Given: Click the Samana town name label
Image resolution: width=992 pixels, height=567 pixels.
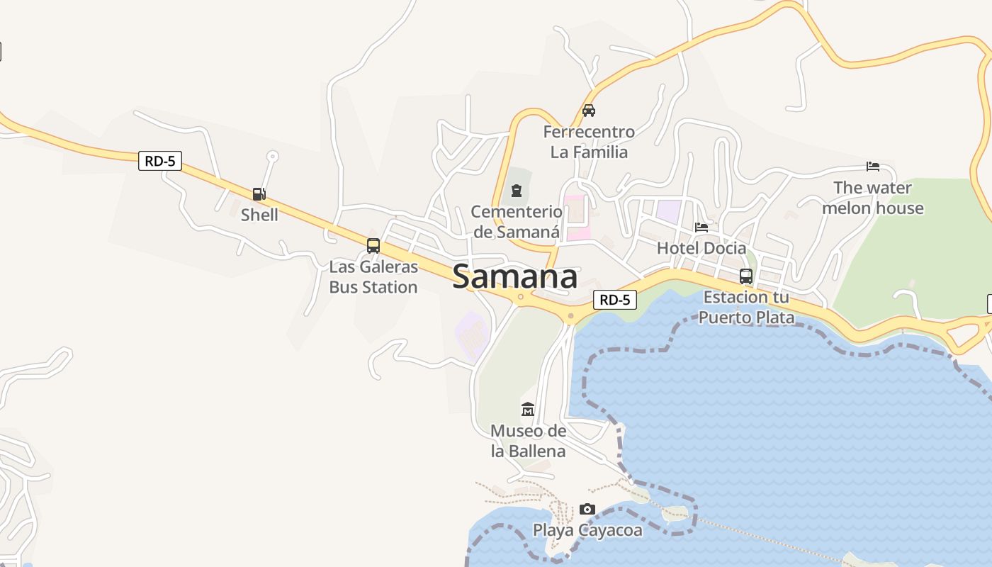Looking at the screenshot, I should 514,276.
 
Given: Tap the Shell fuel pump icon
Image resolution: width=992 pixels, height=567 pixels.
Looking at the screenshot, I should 259,193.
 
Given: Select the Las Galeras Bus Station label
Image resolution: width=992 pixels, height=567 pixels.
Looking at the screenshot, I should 373,277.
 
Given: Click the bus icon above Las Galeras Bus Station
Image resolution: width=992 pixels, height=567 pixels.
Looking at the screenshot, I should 373,246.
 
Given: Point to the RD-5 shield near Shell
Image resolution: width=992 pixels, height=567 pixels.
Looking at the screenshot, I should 160,161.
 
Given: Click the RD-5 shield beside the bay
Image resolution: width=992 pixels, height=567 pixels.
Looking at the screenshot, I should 614,300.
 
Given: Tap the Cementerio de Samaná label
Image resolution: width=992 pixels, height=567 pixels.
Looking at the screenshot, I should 517,222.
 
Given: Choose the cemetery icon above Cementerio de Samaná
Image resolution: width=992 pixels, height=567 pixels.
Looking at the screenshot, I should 517,190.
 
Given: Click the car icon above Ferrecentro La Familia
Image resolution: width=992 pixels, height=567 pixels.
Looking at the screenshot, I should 589,111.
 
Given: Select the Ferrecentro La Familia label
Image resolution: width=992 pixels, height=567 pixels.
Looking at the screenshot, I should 589,142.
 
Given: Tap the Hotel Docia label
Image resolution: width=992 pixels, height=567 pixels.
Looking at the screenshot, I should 701,248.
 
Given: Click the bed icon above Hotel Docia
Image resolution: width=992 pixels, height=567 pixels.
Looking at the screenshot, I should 701,227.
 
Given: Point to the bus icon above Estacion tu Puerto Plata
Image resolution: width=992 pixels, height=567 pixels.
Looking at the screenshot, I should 746,276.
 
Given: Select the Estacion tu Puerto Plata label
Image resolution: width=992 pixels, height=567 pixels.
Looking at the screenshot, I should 746,307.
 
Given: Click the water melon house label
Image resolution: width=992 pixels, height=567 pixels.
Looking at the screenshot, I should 873,198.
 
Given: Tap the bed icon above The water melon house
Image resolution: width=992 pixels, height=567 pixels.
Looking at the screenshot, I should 873,167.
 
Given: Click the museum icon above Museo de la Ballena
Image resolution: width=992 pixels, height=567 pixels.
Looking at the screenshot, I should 528,410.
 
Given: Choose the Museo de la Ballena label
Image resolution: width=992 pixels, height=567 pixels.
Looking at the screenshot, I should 529,441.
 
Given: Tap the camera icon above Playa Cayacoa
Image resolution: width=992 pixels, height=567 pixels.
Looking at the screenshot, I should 587,509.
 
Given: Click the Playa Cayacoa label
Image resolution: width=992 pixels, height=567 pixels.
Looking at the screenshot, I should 587,530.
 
